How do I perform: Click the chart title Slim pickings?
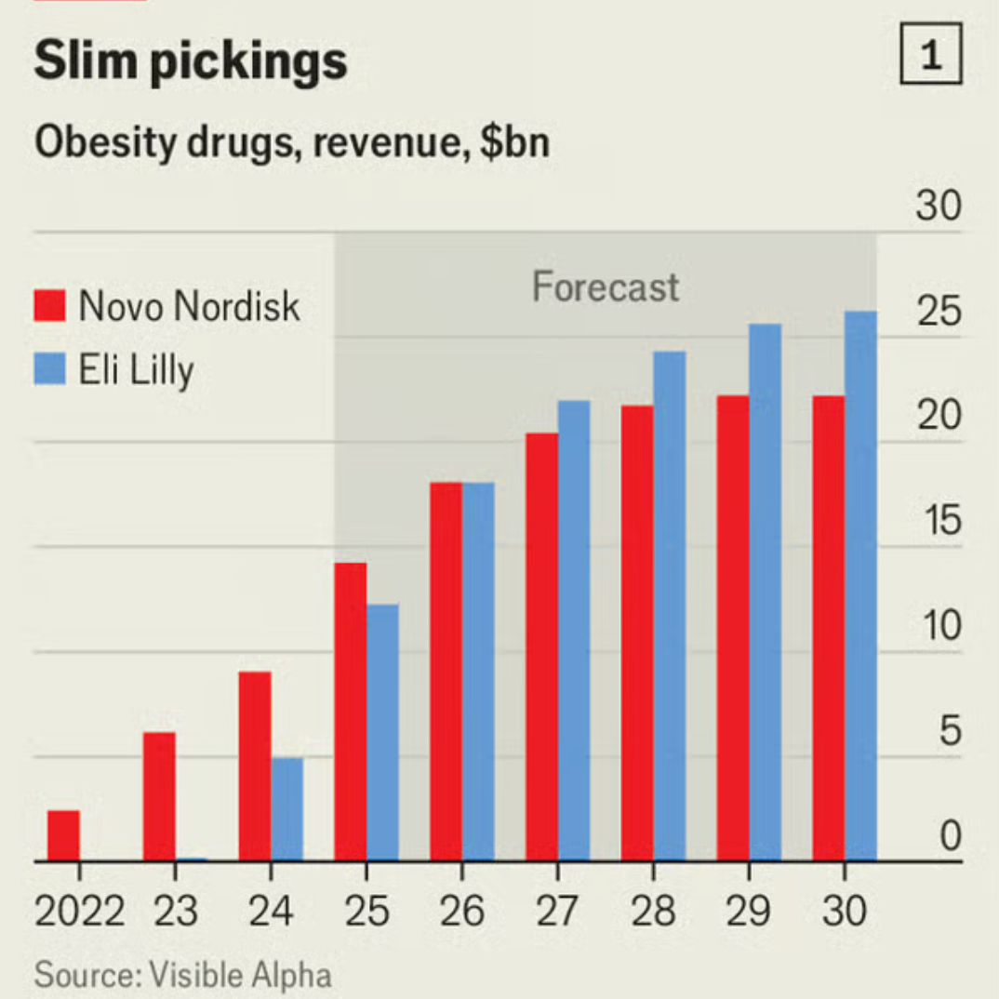(x=190, y=61)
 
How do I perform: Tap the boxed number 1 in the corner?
(x=930, y=58)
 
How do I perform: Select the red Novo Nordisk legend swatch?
(x=49, y=305)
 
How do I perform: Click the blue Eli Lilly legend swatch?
(x=49, y=369)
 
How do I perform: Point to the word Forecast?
(x=606, y=286)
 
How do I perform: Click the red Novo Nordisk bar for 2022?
(x=63, y=835)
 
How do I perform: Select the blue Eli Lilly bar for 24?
(x=286, y=809)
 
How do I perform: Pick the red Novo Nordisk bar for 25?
(x=350, y=712)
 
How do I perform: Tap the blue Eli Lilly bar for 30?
(x=860, y=586)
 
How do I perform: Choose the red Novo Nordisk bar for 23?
(x=159, y=796)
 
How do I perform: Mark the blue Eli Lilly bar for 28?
(x=670, y=606)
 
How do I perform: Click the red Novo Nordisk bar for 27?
(x=541, y=646)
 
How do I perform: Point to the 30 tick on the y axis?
(x=938, y=206)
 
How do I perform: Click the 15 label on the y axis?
(x=938, y=522)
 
